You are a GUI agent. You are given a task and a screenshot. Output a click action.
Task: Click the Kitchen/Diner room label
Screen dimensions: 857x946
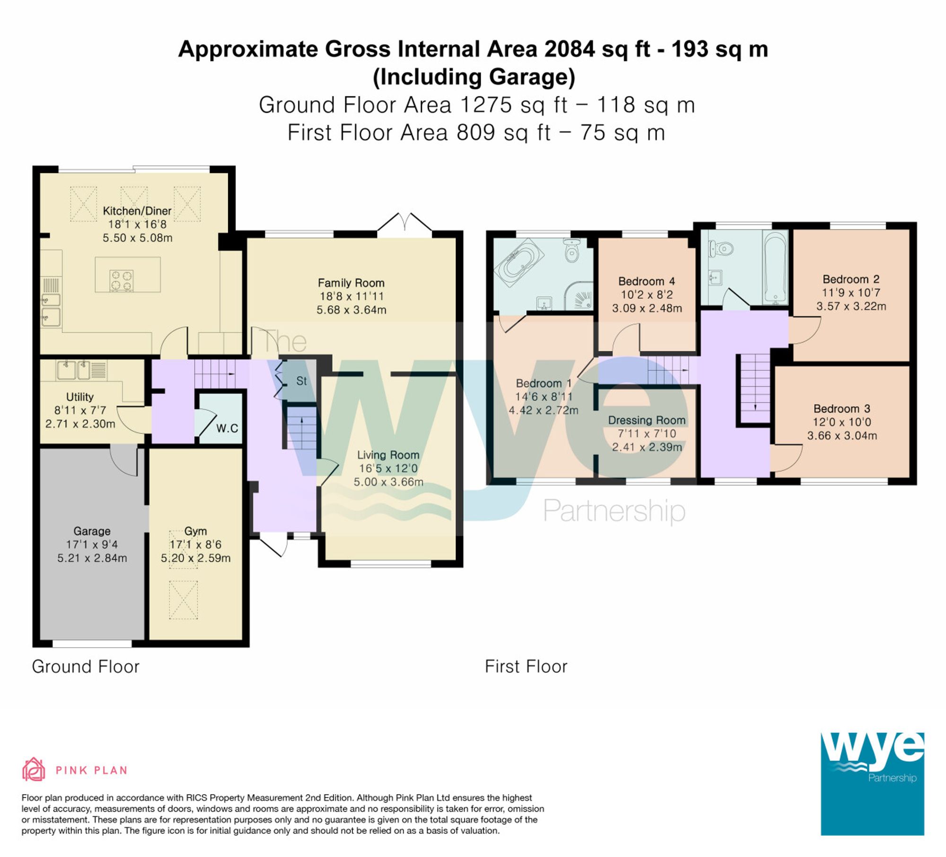pyautogui.click(x=137, y=211)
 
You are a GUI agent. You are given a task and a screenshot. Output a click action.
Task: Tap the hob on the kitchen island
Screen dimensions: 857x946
pyautogui.click(x=121, y=280)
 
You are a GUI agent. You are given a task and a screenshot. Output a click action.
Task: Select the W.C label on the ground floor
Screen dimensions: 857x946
pyautogui.click(x=227, y=428)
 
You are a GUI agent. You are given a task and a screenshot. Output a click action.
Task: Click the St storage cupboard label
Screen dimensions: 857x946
pyautogui.click(x=301, y=381)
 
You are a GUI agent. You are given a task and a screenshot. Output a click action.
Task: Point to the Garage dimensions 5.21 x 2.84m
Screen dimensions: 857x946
pyautogui.click(x=92, y=558)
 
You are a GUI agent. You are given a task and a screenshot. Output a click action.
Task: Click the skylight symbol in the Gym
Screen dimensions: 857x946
pyautogui.click(x=183, y=599)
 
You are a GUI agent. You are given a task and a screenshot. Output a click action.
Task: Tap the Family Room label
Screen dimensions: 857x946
pyautogui.click(x=351, y=283)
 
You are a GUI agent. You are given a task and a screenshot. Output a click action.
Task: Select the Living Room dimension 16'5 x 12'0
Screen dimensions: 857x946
pyautogui.click(x=388, y=468)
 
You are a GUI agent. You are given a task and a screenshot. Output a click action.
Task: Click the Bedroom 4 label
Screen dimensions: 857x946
pyautogui.click(x=647, y=281)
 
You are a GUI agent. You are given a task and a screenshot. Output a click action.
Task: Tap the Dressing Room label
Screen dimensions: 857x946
pyautogui.click(x=647, y=420)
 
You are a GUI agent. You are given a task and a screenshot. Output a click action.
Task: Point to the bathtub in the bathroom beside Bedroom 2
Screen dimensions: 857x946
pyautogui.click(x=775, y=267)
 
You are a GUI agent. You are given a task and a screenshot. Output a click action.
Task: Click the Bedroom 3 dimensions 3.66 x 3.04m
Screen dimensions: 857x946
pyautogui.click(x=842, y=435)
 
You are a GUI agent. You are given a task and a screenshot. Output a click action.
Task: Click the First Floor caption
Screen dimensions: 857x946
pyautogui.click(x=526, y=667)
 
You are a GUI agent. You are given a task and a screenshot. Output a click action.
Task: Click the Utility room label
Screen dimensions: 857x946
pyautogui.click(x=79, y=397)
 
